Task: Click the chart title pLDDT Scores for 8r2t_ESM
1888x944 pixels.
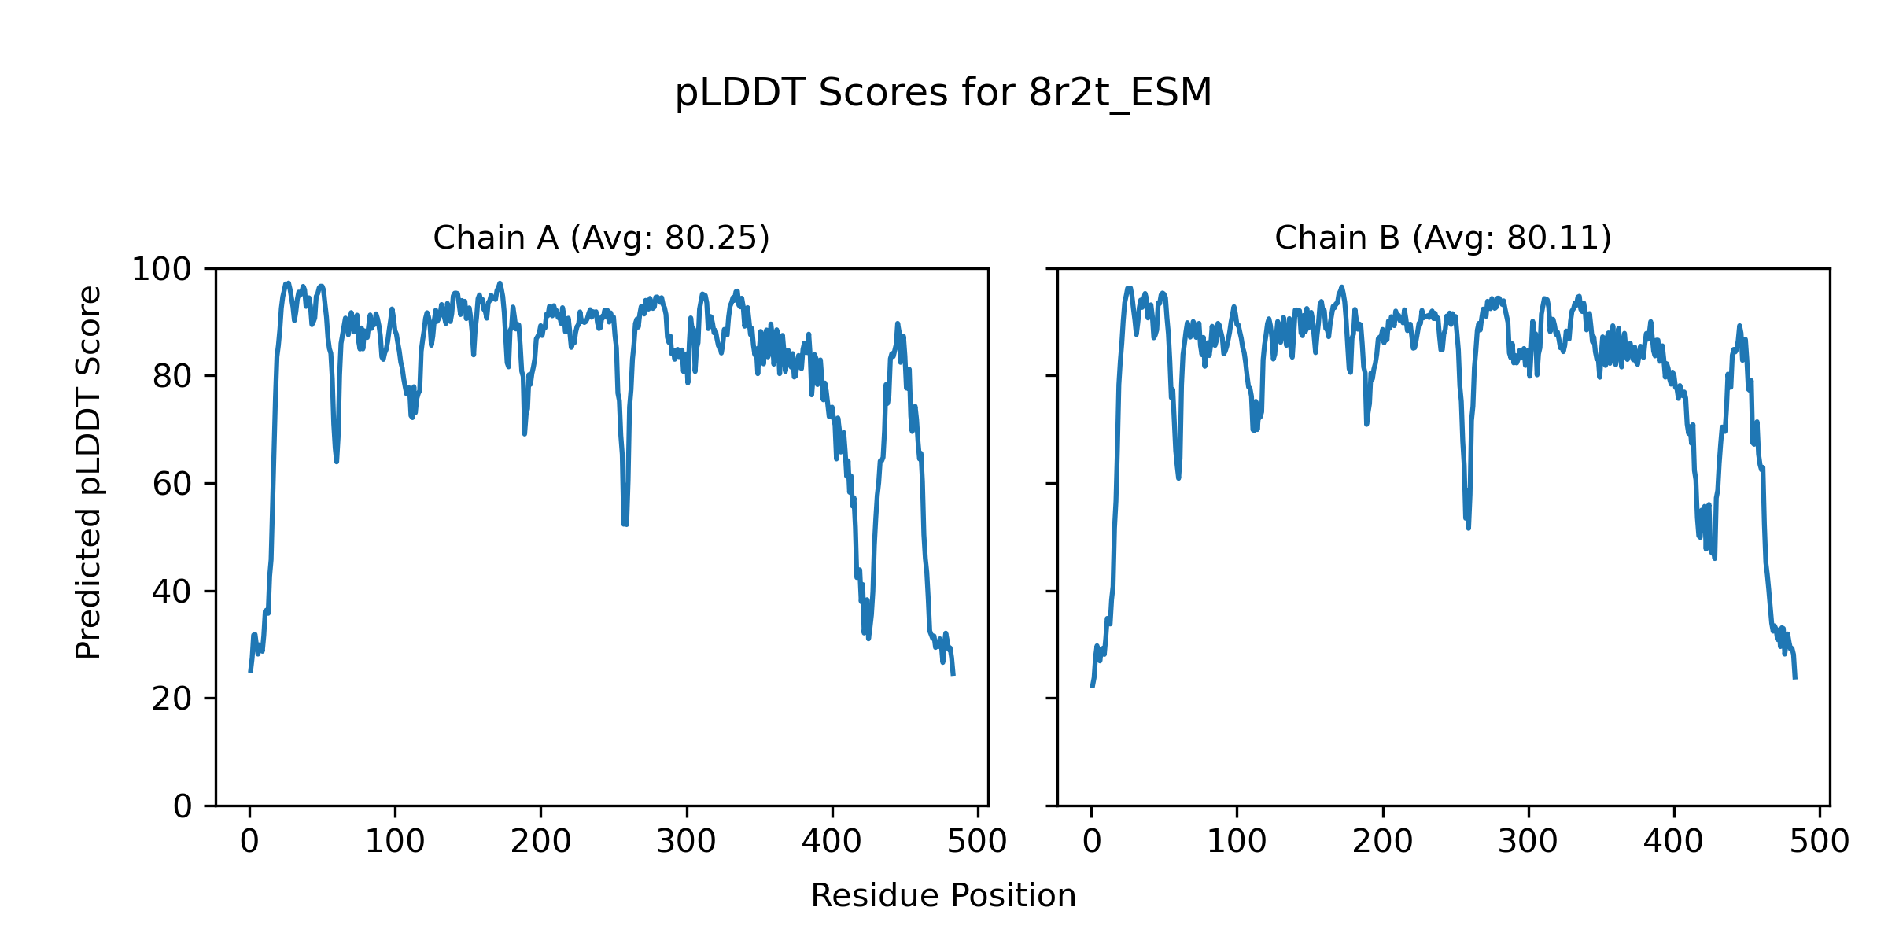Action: (x=943, y=94)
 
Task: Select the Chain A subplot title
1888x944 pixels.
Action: (x=601, y=238)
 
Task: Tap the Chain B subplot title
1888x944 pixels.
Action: (x=1443, y=238)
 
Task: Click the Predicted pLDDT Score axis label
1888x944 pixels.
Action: (x=89, y=472)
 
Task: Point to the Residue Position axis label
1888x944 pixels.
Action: (x=943, y=896)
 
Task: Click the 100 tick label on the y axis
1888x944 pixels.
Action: (x=161, y=270)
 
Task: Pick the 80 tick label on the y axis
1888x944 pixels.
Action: (x=172, y=377)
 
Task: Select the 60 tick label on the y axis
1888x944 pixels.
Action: (x=172, y=485)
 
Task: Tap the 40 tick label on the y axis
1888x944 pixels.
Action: (x=172, y=592)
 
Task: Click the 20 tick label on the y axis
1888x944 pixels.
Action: (x=172, y=699)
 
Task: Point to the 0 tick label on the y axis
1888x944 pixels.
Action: (x=183, y=806)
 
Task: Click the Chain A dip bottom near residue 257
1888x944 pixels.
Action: (x=625, y=524)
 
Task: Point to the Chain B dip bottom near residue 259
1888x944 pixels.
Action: (x=1468, y=528)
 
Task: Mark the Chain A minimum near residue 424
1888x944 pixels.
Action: (x=868, y=638)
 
